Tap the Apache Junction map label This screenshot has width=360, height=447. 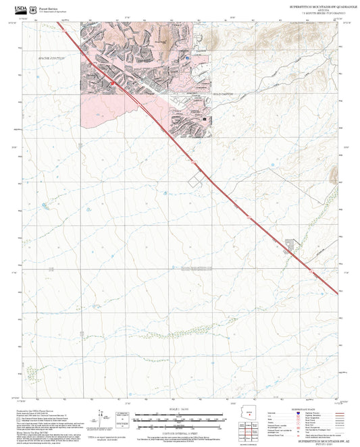51,59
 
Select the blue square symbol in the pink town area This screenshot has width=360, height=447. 188,59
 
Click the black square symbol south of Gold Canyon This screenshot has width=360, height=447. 204,118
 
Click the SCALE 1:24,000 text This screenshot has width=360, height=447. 180,409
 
